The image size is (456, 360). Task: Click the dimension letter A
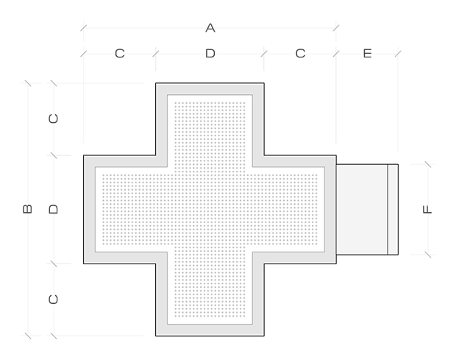point(210,28)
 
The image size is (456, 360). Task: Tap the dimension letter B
point(27,209)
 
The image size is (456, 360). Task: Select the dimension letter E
point(367,54)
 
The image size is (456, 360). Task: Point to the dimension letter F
point(427,209)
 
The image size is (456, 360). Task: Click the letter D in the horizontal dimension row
point(210,54)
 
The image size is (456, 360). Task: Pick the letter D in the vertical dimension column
point(53,209)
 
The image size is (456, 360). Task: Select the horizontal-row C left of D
point(120,54)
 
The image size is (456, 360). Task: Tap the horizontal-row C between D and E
point(300,54)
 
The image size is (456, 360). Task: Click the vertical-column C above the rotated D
point(53,119)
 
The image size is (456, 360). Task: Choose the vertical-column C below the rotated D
point(53,300)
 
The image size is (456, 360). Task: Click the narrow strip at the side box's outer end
point(393,210)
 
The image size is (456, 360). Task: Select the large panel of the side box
point(362,210)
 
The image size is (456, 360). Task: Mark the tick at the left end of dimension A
point(83,28)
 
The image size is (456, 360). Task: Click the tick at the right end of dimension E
point(398,54)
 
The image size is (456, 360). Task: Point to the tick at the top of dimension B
point(28,83)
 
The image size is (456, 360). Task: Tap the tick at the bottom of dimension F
point(428,255)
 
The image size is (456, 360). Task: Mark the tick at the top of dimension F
point(428,164)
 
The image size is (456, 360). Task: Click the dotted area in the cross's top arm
point(210,135)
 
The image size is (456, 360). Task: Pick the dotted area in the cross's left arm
point(135,210)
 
